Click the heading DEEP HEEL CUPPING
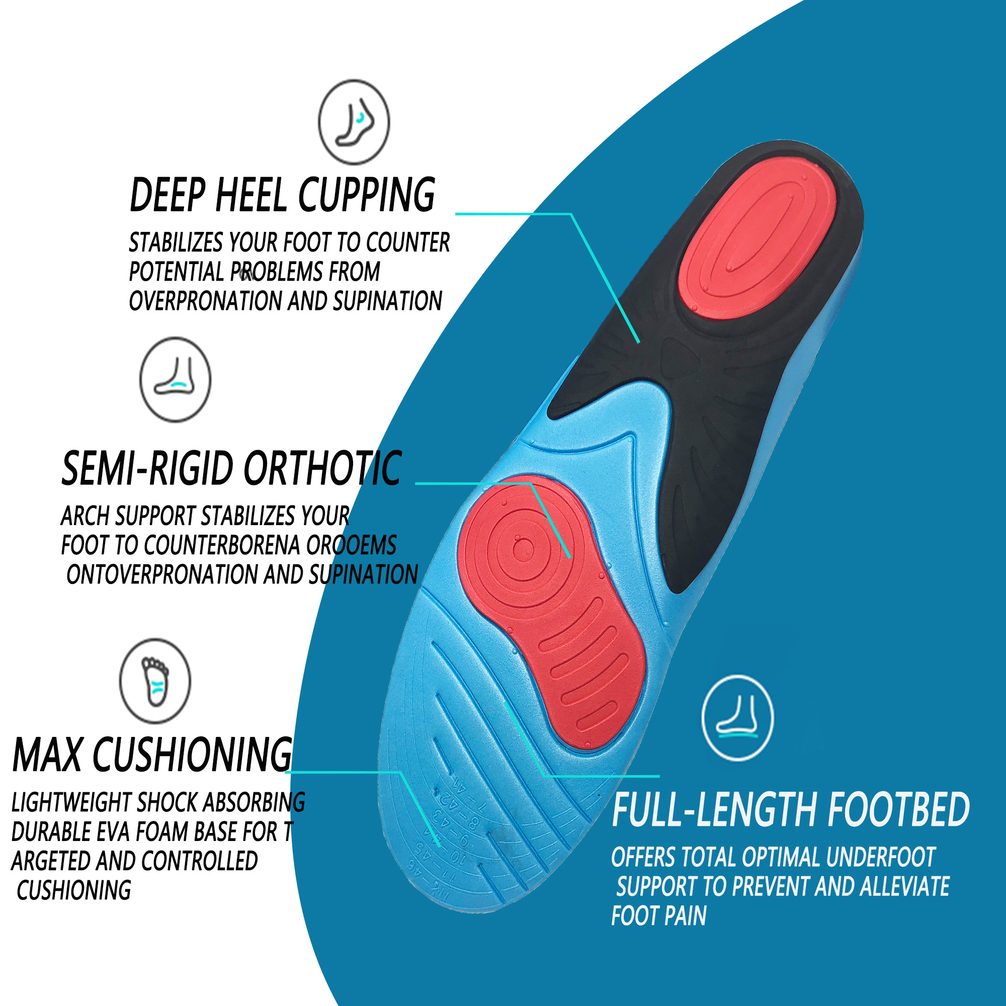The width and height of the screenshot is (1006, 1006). click(282, 195)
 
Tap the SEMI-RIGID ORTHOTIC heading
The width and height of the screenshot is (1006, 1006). click(231, 469)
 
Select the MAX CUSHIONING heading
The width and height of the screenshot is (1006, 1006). click(152, 755)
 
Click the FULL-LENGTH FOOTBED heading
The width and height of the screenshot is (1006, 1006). click(790, 810)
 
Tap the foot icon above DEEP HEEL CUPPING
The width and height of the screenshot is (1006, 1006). click(354, 122)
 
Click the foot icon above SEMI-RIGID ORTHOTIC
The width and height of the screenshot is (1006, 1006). click(176, 379)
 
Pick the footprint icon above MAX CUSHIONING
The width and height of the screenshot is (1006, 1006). click(155, 681)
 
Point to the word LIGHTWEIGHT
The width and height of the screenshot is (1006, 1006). click(71, 803)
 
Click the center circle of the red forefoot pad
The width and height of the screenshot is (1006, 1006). click(523, 549)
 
